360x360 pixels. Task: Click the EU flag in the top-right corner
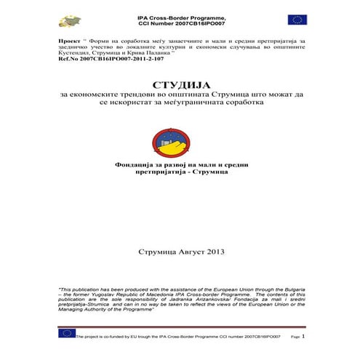point(297,20)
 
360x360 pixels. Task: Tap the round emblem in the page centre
point(180,140)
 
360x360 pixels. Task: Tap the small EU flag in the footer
point(67,333)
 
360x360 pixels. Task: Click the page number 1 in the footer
point(303,337)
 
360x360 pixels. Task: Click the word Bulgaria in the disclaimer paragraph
point(290,289)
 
